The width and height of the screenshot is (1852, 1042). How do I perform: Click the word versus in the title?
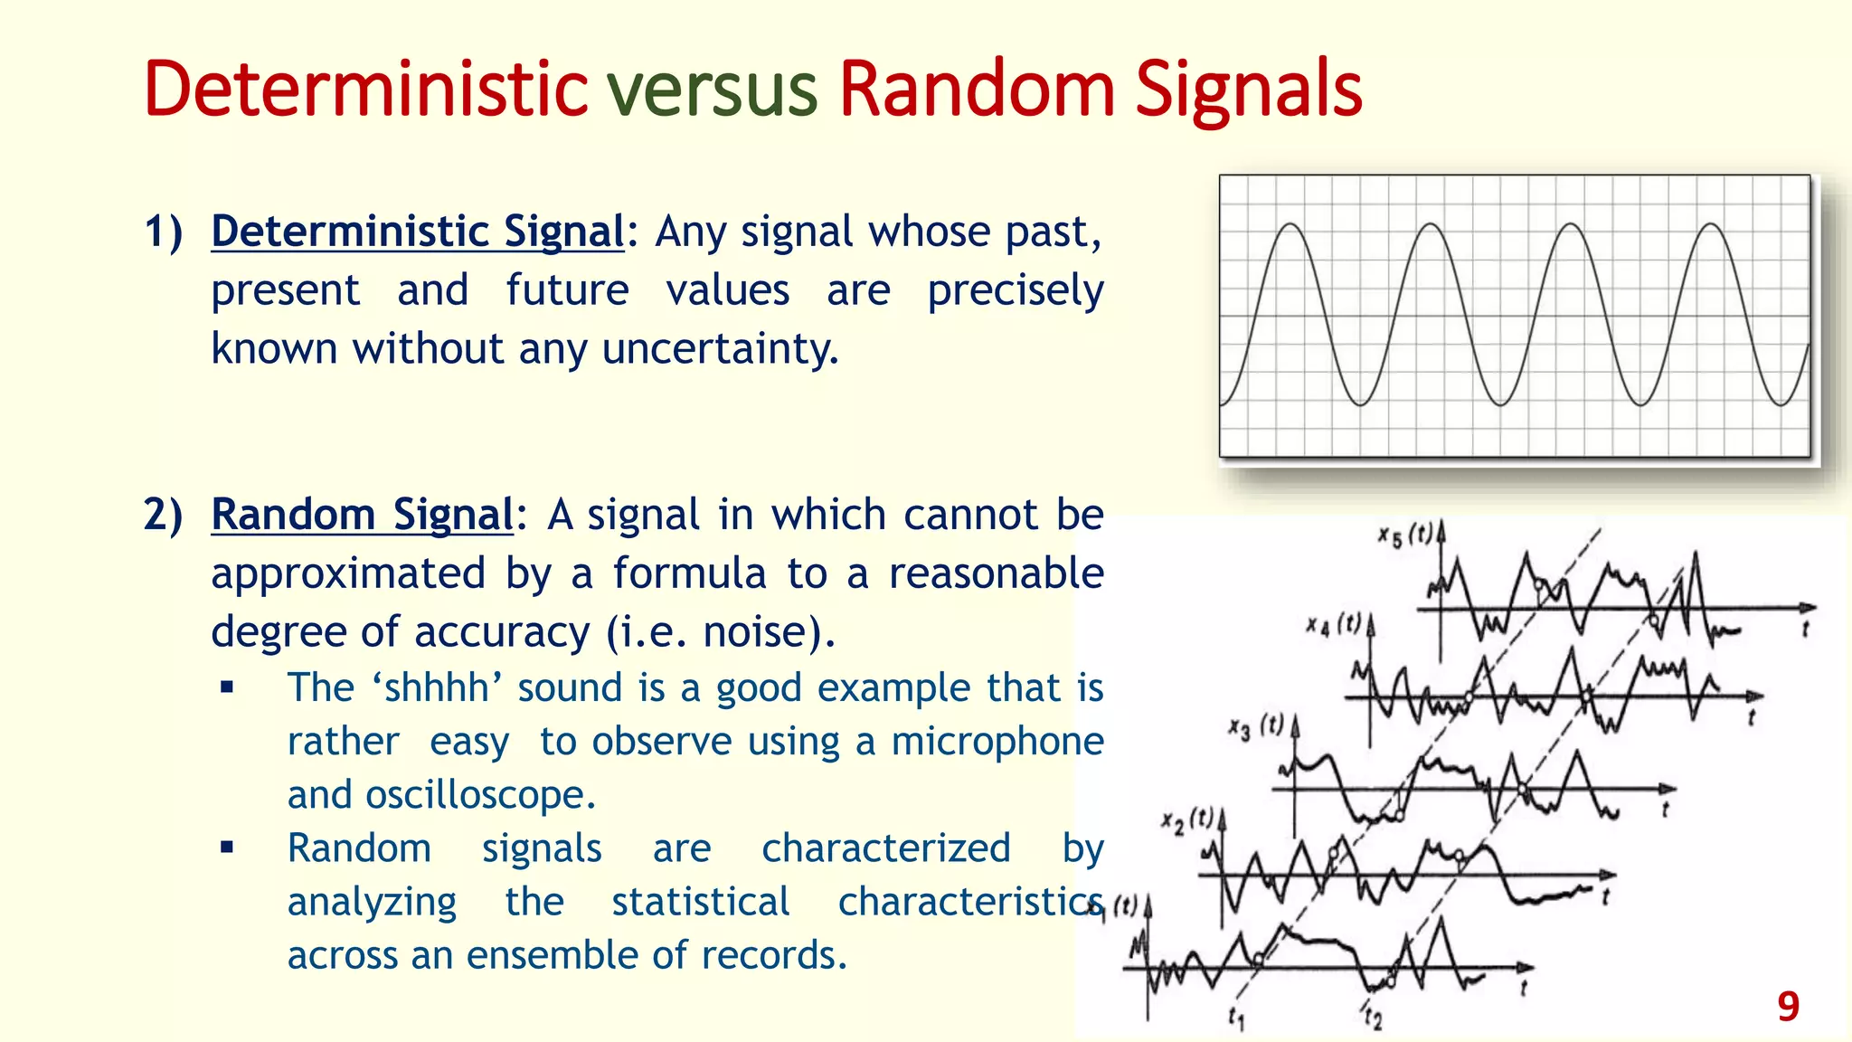point(712,90)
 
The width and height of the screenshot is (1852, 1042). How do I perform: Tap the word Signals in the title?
point(1248,90)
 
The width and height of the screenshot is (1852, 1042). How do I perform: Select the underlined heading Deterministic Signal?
point(417,232)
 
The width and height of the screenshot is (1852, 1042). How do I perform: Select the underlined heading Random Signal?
point(362,515)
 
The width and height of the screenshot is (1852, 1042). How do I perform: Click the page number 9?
point(1788,1007)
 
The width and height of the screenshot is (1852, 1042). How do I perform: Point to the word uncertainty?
point(720,349)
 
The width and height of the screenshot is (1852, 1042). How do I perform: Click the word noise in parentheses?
point(756,631)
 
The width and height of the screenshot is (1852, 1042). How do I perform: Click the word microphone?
point(997,742)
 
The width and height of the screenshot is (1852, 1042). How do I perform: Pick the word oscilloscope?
point(479,795)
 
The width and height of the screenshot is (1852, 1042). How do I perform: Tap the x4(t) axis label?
point(1333,624)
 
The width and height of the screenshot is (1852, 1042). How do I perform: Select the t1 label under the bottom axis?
point(1236,1018)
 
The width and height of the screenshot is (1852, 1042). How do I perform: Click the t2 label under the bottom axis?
point(1373,1018)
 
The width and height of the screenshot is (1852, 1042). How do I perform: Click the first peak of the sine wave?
point(1291,224)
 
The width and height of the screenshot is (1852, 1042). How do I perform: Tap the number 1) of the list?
point(163,232)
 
